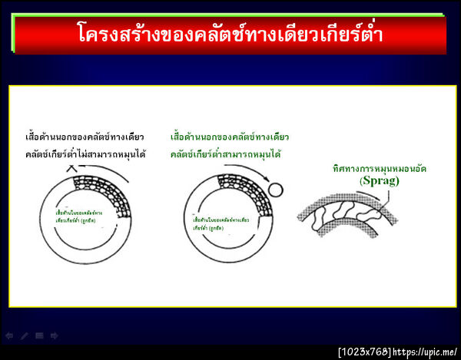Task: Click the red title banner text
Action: [x=230, y=35]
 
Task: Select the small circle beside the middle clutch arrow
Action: [x=276, y=189]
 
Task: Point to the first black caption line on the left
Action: [x=84, y=137]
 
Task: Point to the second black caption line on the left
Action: [x=85, y=154]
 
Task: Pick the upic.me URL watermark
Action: [x=426, y=352]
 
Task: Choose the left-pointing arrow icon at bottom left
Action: [x=9, y=335]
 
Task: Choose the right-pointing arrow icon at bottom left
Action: [x=52, y=335]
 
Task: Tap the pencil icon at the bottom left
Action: [x=24, y=335]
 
